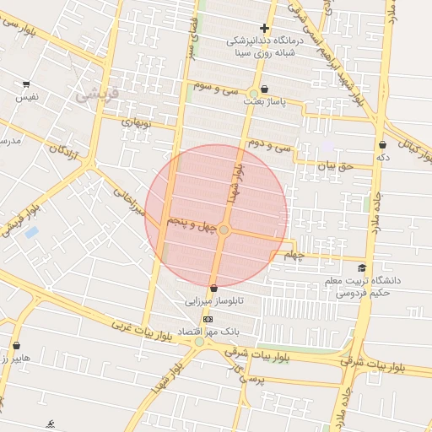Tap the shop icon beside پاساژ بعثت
click(x=264, y=89)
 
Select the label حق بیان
click(x=332, y=165)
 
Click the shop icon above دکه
click(x=382, y=144)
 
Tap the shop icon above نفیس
click(x=26, y=84)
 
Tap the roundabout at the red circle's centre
click(x=224, y=229)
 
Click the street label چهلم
click(x=293, y=254)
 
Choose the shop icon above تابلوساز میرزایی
click(x=213, y=288)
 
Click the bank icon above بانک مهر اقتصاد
click(x=208, y=319)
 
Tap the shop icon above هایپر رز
click(x=17, y=345)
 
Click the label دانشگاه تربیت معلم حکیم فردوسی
click(x=369, y=287)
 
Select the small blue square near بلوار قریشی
click(x=32, y=231)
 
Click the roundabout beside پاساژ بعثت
click(x=253, y=93)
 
